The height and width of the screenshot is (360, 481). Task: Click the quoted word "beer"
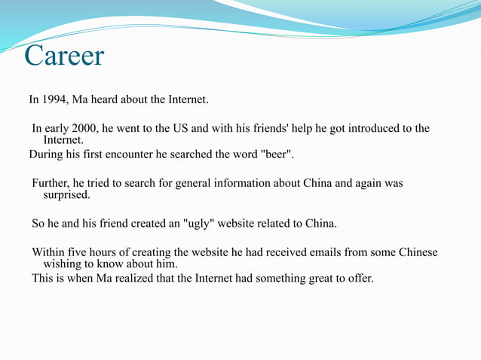point(277,155)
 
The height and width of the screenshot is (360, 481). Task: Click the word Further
point(51,183)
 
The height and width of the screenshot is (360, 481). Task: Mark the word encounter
point(138,155)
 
